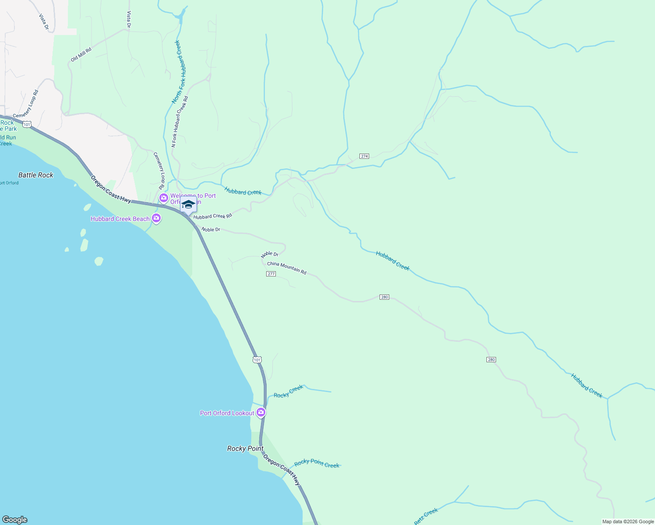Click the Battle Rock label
pyautogui.click(x=36, y=175)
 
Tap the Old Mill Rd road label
pyautogui.click(x=81, y=55)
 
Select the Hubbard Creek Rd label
pyautogui.click(x=213, y=216)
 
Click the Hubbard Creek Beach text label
pyautogui.click(x=120, y=219)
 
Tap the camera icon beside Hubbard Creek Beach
pyautogui.click(x=156, y=218)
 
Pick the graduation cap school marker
pyautogui.click(x=188, y=205)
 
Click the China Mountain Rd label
pyautogui.click(x=287, y=268)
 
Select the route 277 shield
pyautogui.click(x=271, y=274)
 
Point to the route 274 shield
pyautogui.click(x=364, y=156)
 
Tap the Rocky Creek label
pyautogui.click(x=288, y=392)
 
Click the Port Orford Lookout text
pyautogui.click(x=227, y=413)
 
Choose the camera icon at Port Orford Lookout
pyautogui.click(x=261, y=412)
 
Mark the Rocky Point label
pyautogui.click(x=245, y=448)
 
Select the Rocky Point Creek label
pyautogui.click(x=317, y=464)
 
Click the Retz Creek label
pyautogui.click(x=426, y=517)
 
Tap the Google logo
pyautogui.click(x=15, y=520)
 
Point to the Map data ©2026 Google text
pyautogui.click(x=628, y=521)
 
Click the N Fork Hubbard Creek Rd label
pyautogui.click(x=180, y=122)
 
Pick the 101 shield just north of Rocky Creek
pyautogui.click(x=257, y=360)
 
